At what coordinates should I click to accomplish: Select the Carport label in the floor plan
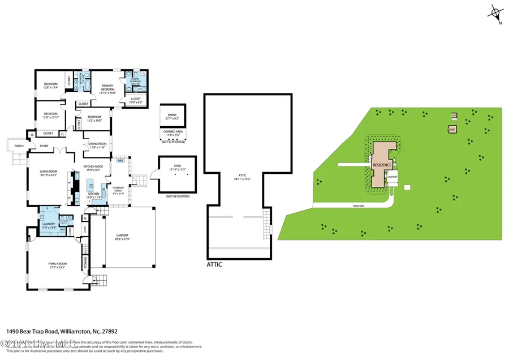coord(122,235)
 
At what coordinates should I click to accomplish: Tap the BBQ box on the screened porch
coord(120,161)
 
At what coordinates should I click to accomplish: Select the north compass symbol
coord(497,12)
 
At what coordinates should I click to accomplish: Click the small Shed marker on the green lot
coord(452,130)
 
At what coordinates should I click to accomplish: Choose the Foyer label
coord(43,146)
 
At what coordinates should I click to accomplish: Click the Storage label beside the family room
coord(85,262)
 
